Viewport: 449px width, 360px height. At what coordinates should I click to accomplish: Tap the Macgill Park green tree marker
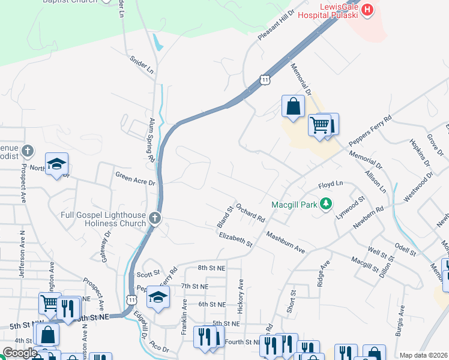coord(326,205)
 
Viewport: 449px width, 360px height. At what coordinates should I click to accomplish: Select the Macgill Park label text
coord(294,205)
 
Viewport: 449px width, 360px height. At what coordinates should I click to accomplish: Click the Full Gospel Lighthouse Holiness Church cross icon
coord(155,217)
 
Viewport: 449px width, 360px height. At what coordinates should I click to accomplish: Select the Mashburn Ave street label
coord(286,242)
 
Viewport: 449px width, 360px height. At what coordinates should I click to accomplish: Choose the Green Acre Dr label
coord(135,178)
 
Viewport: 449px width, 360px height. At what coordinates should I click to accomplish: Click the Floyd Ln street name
coord(330,184)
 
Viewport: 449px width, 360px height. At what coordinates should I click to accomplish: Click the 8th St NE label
coord(210,268)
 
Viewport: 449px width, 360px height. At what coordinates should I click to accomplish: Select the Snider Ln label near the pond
coord(142,65)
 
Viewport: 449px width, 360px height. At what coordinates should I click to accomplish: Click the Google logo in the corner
coord(20,352)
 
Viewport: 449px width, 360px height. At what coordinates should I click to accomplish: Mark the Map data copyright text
coord(424,355)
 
